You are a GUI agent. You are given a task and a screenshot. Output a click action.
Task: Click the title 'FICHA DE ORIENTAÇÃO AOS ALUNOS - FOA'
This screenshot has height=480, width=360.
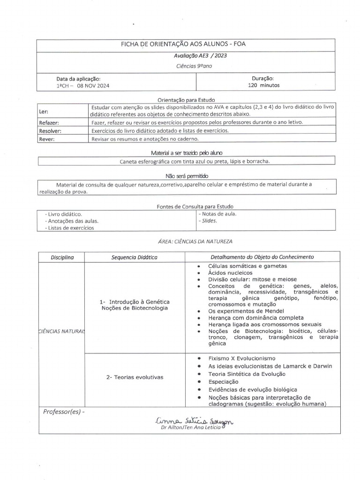(x=183, y=45)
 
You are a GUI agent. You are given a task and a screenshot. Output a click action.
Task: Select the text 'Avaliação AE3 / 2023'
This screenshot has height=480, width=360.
(x=194, y=55)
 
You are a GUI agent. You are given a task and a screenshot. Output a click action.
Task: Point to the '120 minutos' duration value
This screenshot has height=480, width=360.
(x=263, y=86)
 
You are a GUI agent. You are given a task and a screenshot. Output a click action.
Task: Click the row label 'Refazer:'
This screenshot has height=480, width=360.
(x=49, y=122)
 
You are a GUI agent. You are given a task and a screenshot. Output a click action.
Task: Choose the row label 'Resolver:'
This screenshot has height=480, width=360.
(x=50, y=131)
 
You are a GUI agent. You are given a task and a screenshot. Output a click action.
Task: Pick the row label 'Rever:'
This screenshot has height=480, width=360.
(x=47, y=139)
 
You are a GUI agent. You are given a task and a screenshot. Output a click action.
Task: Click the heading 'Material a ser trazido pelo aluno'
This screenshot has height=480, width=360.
(x=187, y=153)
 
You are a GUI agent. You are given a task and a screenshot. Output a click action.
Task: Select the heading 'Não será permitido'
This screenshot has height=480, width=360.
(x=187, y=176)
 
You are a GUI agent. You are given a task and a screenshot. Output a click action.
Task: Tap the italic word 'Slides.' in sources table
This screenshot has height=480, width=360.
(x=208, y=220)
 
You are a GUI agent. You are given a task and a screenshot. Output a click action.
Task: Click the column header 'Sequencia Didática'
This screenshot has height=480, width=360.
(x=134, y=257)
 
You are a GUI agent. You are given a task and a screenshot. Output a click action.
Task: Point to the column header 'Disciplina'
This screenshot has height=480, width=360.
(x=62, y=257)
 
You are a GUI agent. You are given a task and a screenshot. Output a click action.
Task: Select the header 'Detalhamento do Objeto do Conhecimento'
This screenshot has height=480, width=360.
(x=262, y=257)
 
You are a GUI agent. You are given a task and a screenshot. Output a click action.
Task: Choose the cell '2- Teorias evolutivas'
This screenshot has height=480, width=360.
(x=135, y=377)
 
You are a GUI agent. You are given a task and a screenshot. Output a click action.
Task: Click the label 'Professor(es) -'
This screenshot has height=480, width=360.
(x=64, y=412)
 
